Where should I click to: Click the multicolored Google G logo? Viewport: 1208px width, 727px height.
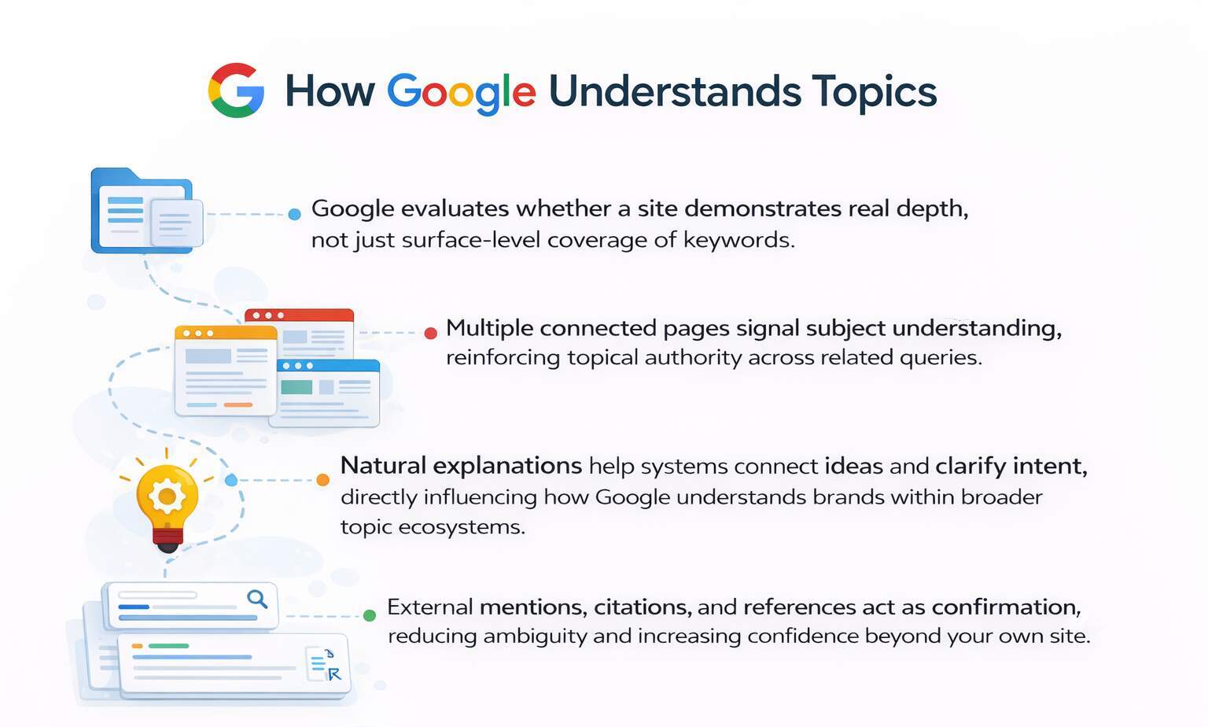236,90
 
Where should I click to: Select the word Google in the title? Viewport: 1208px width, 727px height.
461,92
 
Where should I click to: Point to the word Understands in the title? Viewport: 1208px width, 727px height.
674,90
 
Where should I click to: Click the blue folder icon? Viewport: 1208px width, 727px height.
142,211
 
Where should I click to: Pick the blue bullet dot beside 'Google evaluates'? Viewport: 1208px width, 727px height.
294,214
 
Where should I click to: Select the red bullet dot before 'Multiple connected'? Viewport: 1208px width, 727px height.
430,333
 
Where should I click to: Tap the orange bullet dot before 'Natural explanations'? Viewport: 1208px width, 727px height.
322,480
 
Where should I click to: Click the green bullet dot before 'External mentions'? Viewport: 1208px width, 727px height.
369,615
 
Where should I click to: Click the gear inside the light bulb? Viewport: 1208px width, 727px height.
167,495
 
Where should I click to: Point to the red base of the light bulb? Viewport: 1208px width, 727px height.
167,539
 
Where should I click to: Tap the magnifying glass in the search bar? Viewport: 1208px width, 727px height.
257,600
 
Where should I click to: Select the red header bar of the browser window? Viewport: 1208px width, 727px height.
299,316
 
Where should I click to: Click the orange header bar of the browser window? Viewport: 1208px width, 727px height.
226,333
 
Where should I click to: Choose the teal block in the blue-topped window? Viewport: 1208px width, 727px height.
296,387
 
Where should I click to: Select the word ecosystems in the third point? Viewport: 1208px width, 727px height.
461,526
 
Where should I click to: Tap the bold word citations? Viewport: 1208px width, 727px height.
643,607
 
